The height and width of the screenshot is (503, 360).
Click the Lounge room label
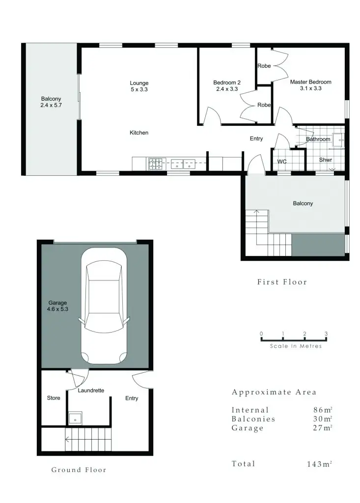coord(139,86)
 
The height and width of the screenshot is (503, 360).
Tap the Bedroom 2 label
coord(226,86)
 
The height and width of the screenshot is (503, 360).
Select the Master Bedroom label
coord(310,85)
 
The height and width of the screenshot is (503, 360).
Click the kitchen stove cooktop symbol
coord(157,164)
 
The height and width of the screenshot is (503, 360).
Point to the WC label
coord(282,161)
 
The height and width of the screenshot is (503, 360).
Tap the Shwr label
coord(326,160)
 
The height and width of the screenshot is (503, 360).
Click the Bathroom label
coord(318,140)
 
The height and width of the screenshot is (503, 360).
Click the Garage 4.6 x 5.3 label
coord(57,306)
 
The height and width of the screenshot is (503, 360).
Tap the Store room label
coord(54,398)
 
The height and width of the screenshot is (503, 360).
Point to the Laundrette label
coord(91,391)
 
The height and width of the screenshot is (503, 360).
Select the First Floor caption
coord(282,282)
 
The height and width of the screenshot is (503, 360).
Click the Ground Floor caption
coord(79,470)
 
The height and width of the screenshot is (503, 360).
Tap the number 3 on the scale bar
coord(326,334)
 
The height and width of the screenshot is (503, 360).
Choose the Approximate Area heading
coord(274,392)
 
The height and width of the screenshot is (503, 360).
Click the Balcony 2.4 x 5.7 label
coord(51,102)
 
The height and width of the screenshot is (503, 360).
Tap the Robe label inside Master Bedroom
coord(264,65)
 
